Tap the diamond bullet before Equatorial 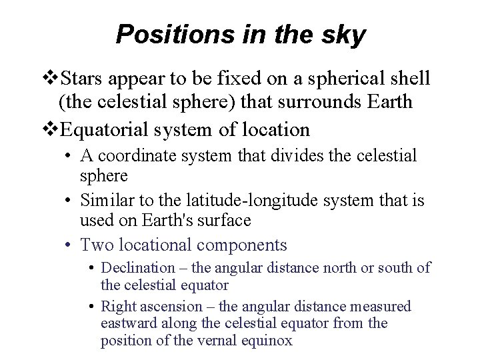tap(51, 128)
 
